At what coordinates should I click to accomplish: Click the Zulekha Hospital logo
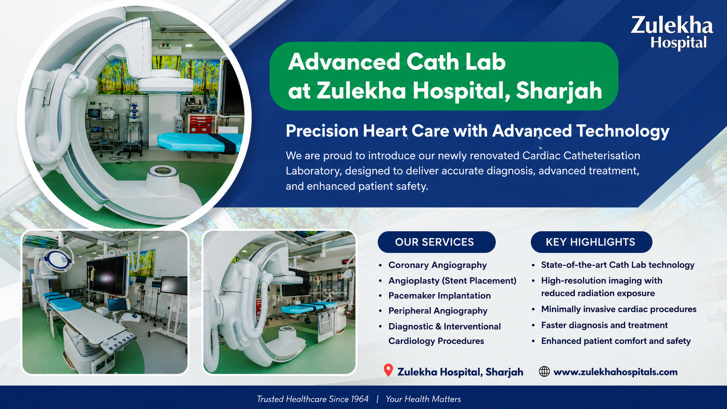tap(672, 33)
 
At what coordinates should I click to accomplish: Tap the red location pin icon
tap(388, 370)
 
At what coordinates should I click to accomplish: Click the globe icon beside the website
tap(544, 371)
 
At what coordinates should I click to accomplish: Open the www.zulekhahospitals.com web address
tap(615, 372)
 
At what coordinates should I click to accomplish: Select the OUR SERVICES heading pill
tap(437, 242)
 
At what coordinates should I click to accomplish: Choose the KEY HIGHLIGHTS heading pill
tap(591, 242)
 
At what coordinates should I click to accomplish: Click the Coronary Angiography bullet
tap(437, 265)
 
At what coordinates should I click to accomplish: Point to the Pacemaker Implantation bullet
tap(440, 296)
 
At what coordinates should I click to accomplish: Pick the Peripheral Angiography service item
tap(438, 311)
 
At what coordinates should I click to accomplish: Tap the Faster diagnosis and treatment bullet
tap(604, 325)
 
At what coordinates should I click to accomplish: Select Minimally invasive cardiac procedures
tap(619, 309)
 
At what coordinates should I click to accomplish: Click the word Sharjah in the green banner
tap(559, 91)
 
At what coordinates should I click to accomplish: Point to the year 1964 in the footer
tap(360, 399)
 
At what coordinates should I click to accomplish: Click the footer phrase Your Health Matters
tap(423, 399)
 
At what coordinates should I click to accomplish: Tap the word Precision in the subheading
tap(322, 131)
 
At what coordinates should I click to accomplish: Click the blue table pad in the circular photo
tap(200, 142)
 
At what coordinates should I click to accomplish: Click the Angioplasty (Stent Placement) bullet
tap(453, 280)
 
